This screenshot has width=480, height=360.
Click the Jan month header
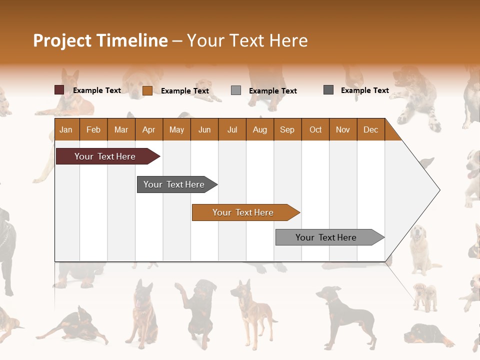click(x=66, y=129)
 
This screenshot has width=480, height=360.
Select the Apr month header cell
click(x=148, y=129)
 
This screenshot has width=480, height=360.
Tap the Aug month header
click(x=259, y=129)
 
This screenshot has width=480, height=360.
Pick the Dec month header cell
click(x=370, y=129)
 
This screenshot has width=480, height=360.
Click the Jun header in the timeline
click(x=204, y=129)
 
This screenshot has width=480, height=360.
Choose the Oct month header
click(x=315, y=129)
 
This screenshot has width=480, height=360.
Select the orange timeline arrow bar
click(x=244, y=212)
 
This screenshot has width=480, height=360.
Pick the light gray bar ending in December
click(x=328, y=237)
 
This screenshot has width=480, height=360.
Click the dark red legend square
click(x=59, y=90)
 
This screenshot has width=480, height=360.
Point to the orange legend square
click(x=147, y=90)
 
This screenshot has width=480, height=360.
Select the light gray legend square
click(x=236, y=90)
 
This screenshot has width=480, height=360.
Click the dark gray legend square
click(x=328, y=90)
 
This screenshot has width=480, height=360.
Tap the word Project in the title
click(x=62, y=40)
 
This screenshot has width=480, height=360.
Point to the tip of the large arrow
click(x=439, y=189)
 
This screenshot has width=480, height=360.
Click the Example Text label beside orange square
click(x=184, y=91)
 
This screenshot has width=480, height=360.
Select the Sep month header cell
click(x=287, y=129)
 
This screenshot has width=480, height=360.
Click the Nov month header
click(x=342, y=129)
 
